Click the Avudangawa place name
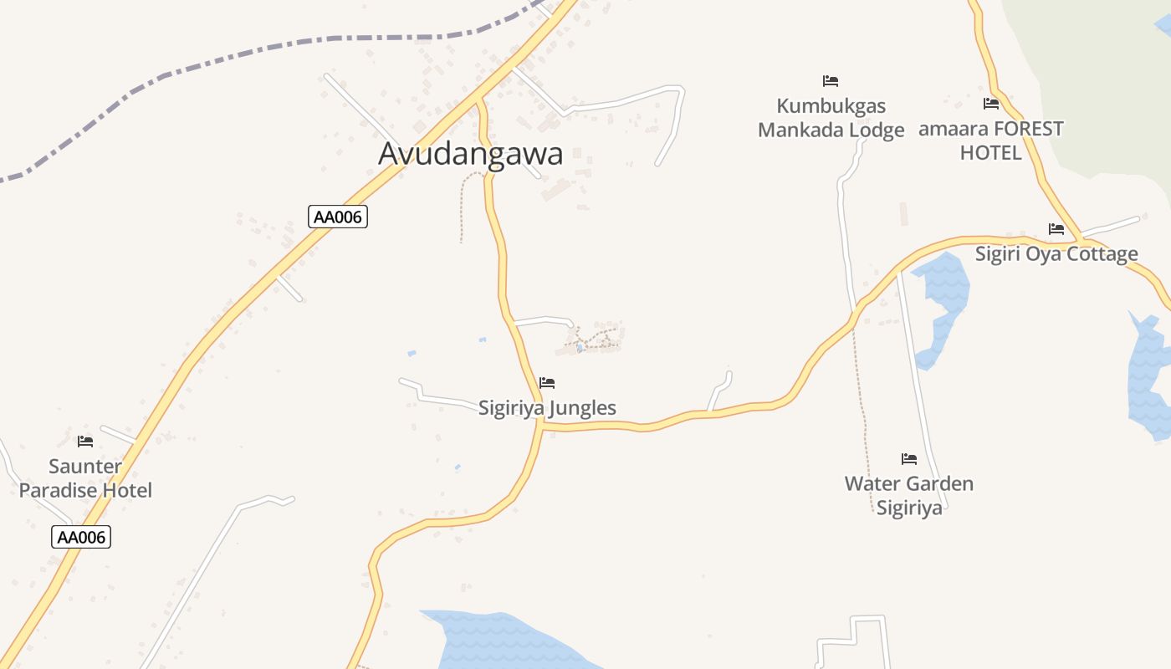point(470,154)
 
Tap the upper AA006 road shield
point(338,217)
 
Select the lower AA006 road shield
point(81,537)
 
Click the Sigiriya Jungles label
point(547,408)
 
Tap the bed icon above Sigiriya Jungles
point(547,383)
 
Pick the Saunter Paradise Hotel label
point(85,478)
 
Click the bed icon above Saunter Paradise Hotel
point(85,442)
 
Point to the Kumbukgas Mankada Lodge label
point(831,118)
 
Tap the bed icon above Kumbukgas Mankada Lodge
point(831,81)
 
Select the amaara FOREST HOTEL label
point(991,140)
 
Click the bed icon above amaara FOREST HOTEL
point(991,104)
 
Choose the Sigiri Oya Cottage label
point(1056,254)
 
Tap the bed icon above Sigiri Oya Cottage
point(1056,229)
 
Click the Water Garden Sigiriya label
point(909,496)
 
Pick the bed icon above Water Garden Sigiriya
point(909,459)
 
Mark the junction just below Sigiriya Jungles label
point(542,425)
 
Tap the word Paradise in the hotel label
point(56,490)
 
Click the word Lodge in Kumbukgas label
point(874,130)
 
